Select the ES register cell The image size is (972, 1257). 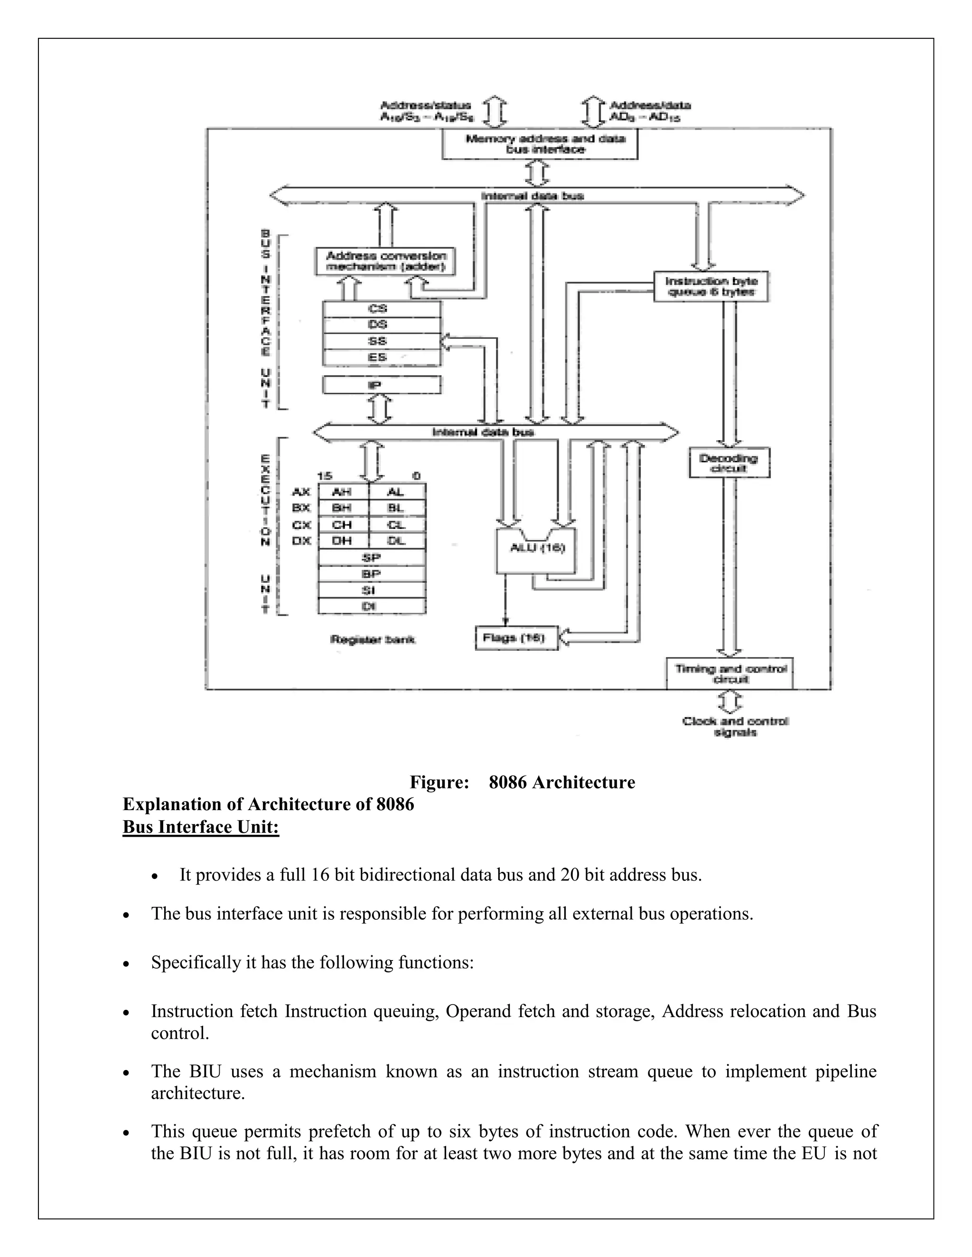coord(381,358)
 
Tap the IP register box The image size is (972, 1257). coord(381,385)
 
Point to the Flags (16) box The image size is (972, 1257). coord(516,638)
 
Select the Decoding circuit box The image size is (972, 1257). coord(729,463)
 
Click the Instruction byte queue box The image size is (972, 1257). coord(711,287)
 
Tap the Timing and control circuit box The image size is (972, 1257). coord(729,674)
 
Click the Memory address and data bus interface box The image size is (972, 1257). coord(540,144)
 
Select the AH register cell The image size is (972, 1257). coord(343,491)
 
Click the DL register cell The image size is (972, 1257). coord(397,540)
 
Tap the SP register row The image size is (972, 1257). coord(372,557)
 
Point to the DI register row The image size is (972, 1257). coord(372,606)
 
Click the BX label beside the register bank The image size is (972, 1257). coord(301,508)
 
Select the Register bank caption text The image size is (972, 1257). coord(373,639)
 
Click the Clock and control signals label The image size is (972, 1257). coord(735,726)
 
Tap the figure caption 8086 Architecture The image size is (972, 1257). coord(522,782)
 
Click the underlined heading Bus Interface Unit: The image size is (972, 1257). coord(200,827)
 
